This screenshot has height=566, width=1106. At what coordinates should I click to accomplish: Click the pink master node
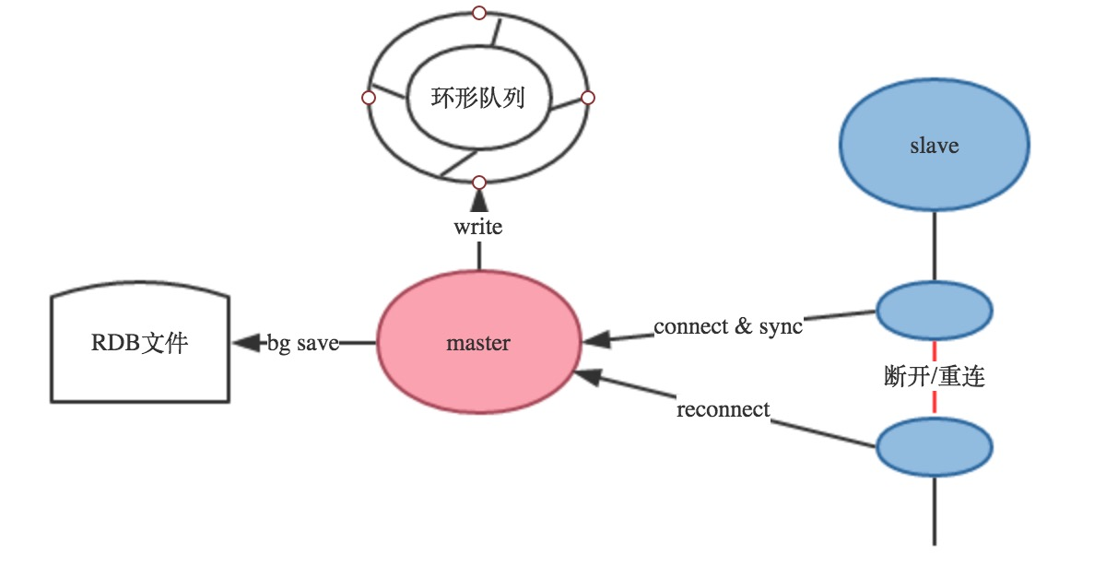[x=478, y=343]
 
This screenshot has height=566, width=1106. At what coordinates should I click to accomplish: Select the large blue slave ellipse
[x=934, y=146]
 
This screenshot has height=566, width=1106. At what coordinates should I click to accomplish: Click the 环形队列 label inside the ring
[x=477, y=98]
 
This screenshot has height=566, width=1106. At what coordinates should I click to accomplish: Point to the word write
[x=478, y=226]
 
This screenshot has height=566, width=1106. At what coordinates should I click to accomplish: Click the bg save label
[x=303, y=343]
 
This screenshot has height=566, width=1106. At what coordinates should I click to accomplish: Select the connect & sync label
[x=728, y=326]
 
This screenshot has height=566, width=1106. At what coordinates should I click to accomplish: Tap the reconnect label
[x=723, y=409]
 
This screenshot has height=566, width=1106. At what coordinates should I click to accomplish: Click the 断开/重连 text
[x=934, y=377]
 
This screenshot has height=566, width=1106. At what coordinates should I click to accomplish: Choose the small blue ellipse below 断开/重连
[x=934, y=447]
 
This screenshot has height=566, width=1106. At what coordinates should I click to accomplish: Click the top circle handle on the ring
[x=478, y=13]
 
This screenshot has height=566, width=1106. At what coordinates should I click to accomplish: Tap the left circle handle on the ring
[x=369, y=98]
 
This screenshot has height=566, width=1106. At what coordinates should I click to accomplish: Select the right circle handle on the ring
[x=588, y=98]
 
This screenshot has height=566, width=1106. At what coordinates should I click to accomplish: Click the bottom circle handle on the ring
[x=478, y=182]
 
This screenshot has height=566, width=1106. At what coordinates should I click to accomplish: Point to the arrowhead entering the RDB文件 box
[x=245, y=343]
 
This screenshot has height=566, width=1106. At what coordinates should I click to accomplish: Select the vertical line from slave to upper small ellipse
[x=934, y=246]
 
